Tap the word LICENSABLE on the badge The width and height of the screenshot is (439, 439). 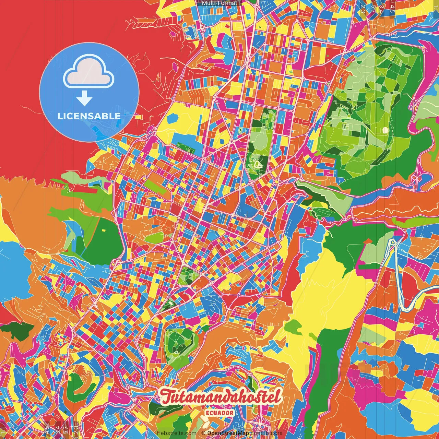click(x=89, y=116)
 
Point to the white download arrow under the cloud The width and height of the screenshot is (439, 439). click(x=84, y=99)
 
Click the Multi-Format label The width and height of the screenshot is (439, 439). click(x=219, y=3)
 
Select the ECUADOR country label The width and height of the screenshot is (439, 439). click(x=220, y=413)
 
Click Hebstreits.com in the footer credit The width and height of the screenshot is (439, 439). click(x=176, y=433)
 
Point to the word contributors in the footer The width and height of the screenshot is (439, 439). click(x=266, y=433)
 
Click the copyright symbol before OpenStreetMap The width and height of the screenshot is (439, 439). click(x=203, y=433)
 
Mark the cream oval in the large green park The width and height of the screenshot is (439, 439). click(x=385, y=130)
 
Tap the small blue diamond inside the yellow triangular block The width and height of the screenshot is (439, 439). click(x=223, y=141)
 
